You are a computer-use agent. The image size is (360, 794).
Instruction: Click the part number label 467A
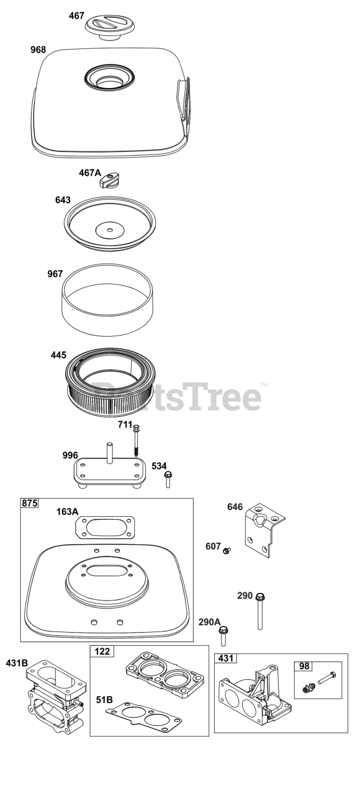click(90, 173)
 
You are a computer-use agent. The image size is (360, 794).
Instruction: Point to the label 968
click(38, 50)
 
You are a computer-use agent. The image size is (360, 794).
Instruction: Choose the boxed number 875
click(29, 503)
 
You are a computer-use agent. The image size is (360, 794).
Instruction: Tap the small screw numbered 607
click(227, 550)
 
